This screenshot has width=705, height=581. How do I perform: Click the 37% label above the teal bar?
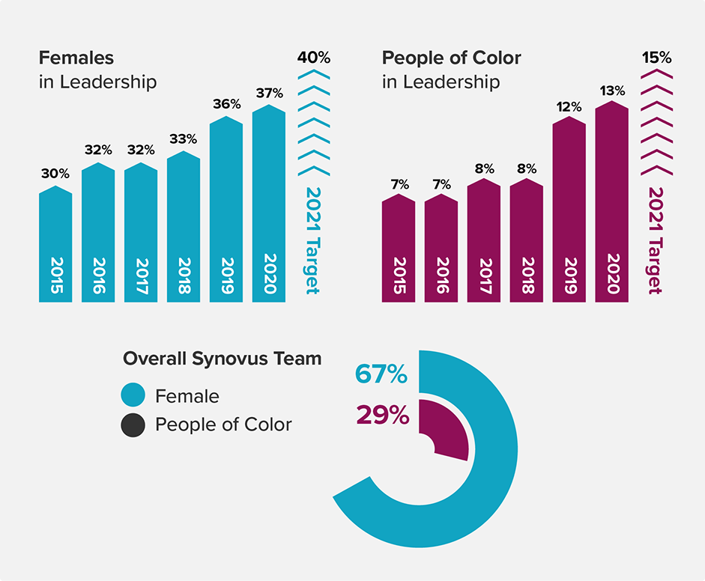click(269, 94)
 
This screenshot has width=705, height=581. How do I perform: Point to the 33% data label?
click(183, 139)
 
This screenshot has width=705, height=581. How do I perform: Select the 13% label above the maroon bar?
click(612, 91)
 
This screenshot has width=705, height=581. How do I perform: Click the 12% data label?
click(569, 106)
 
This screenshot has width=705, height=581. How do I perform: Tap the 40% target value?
click(313, 58)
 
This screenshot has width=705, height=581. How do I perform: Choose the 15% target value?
click(656, 58)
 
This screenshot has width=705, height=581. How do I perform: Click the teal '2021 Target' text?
click(312, 240)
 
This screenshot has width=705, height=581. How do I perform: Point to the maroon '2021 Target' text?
click(655, 240)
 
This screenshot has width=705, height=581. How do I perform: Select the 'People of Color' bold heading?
click(451, 58)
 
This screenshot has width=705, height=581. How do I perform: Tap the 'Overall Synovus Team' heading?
click(222, 359)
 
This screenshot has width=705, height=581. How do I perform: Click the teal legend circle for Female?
click(133, 395)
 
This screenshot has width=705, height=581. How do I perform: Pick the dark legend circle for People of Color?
click(133, 425)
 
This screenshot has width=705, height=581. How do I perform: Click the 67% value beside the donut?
click(381, 374)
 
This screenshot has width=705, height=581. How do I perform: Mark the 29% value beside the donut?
click(382, 415)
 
